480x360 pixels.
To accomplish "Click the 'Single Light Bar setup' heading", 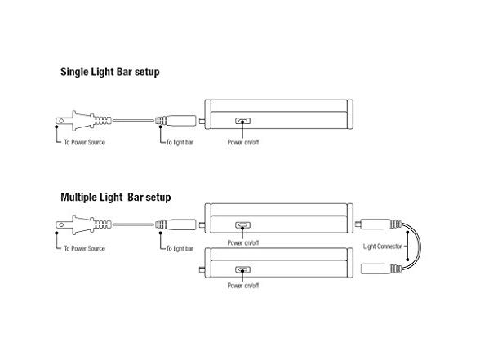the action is click(x=110, y=72).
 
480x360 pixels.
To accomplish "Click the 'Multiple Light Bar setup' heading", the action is click(x=116, y=198).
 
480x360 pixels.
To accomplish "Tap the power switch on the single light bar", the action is click(x=242, y=121).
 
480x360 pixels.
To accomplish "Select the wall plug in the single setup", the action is click(x=83, y=121).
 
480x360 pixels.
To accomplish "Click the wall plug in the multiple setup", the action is click(x=83, y=225).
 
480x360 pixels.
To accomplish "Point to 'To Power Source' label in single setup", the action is click(x=85, y=142).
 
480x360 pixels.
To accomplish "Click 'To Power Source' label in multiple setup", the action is click(x=85, y=248).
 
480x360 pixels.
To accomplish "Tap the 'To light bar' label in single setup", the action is click(x=180, y=142).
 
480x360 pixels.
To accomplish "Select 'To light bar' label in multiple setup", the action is click(x=180, y=248).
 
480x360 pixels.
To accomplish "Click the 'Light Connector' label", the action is click(x=382, y=247).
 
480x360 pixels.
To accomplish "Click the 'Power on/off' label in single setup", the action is click(x=243, y=142).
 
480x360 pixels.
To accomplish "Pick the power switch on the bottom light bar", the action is click(x=242, y=269).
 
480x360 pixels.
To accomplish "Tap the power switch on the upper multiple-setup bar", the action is click(x=242, y=225).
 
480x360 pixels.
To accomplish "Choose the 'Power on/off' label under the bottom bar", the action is click(x=243, y=286).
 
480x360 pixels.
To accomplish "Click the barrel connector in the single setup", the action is click(x=176, y=120).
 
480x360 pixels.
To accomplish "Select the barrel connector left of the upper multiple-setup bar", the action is click(x=176, y=224).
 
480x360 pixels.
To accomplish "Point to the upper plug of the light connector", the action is click(x=379, y=224).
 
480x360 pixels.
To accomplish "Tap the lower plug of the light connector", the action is click(x=381, y=269).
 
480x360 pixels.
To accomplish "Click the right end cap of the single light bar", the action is click(x=350, y=114).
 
